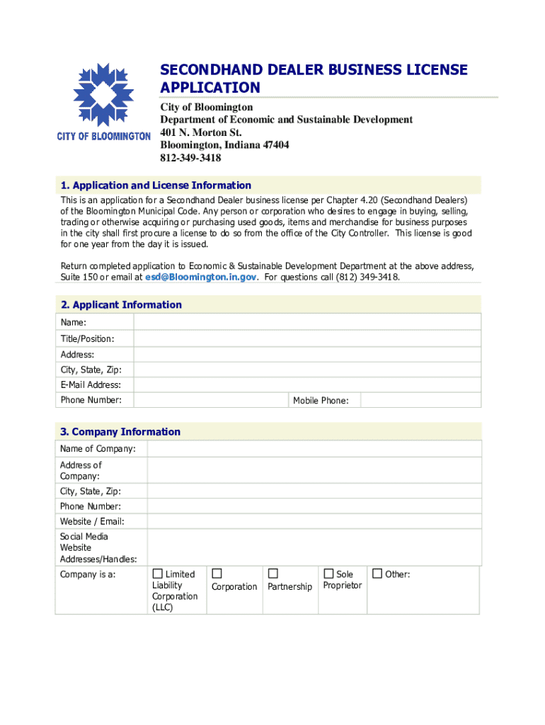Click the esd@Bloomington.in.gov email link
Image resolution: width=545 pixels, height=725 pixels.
[x=200, y=278]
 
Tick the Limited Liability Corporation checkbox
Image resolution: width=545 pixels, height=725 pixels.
[x=158, y=573]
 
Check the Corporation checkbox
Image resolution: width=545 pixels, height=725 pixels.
[x=217, y=573]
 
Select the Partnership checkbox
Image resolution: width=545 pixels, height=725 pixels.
[x=273, y=573]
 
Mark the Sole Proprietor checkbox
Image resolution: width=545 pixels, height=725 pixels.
[x=328, y=573]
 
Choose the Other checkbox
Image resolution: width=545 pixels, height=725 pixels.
[x=377, y=573]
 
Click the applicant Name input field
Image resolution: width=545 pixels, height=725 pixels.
[x=308, y=323]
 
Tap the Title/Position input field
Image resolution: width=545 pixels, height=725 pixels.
[x=308, y=338]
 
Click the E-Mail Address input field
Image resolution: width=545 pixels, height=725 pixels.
[x=308, y=384]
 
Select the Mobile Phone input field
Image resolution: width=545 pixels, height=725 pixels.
[x=420, y=400]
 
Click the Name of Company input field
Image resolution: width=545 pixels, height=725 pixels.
[x=314, y=449]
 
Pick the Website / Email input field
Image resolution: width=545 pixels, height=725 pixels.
[x=314, y=521]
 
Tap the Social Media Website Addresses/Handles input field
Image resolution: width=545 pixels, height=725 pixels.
[x=314, y=547]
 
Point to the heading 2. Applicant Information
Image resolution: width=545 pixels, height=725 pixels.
[x=121, y=305]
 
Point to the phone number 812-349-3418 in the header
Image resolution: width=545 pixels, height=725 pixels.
[x=190, y=159]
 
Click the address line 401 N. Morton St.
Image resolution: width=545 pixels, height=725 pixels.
[x=200, y=132]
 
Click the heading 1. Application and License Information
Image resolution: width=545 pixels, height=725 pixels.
[x=156, y=185]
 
